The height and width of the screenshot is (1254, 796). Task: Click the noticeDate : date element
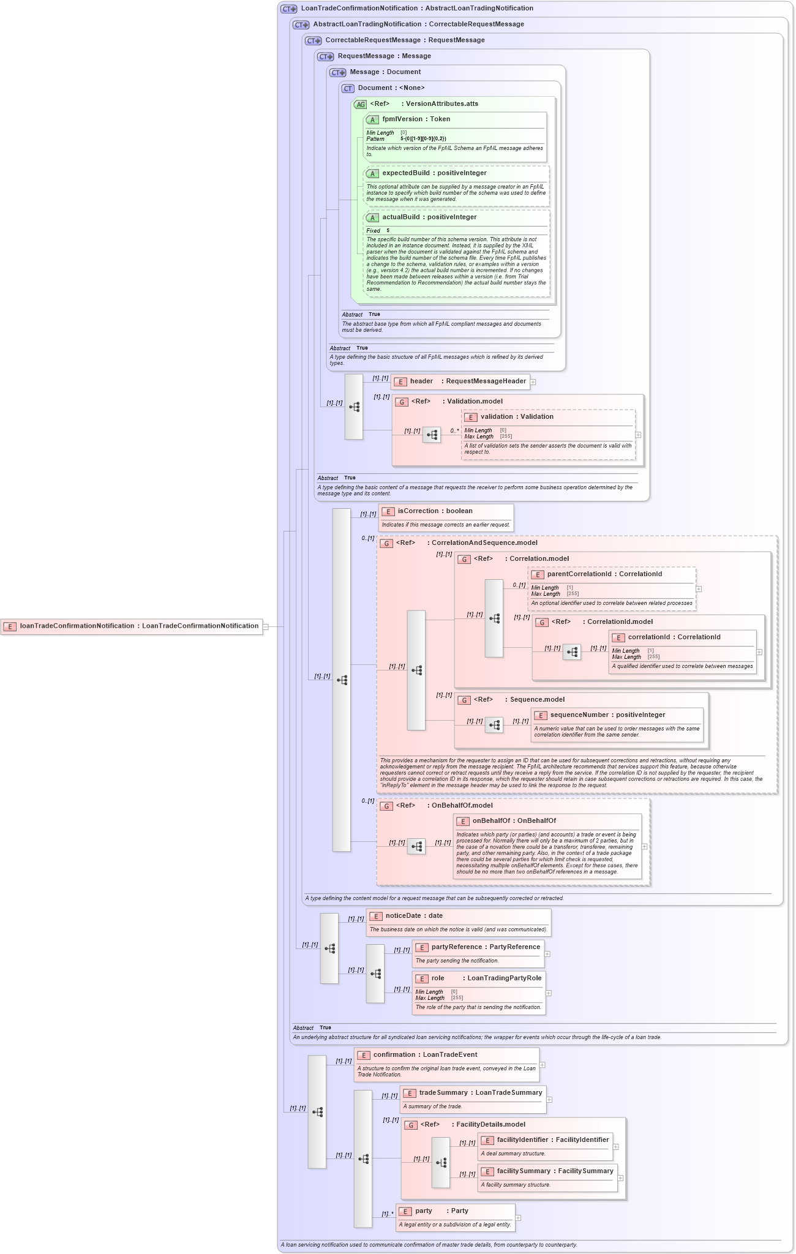point(414,916)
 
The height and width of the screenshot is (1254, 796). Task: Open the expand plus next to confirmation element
point(543,1065)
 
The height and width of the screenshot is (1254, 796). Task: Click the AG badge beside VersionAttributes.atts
point(361,105)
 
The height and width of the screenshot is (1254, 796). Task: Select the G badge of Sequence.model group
point(465,700)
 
